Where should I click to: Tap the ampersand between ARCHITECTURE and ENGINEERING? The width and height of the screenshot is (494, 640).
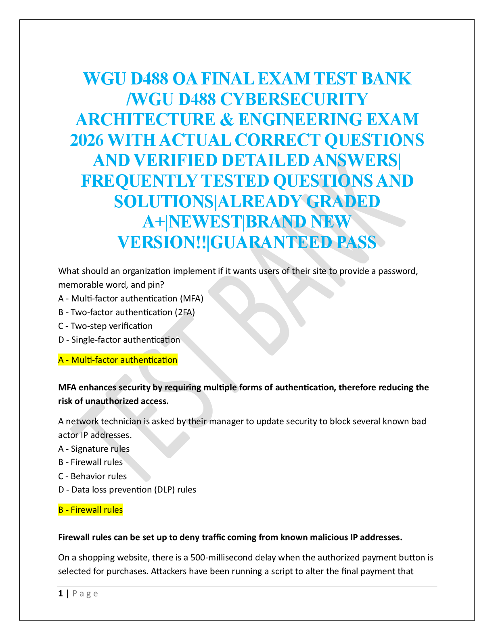[x=227, y=120]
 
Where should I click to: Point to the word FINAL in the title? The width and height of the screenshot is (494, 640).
[x=227, y=78]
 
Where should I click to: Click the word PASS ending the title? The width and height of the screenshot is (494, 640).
[x=357, y=242]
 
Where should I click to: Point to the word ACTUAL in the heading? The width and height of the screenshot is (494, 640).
[x=195, y=140]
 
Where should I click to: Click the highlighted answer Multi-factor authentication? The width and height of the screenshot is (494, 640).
[x=118, y=360]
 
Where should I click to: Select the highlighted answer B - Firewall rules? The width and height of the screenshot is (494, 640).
[x=90, y=510]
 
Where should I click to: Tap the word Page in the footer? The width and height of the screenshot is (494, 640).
[x=85, y=594]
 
